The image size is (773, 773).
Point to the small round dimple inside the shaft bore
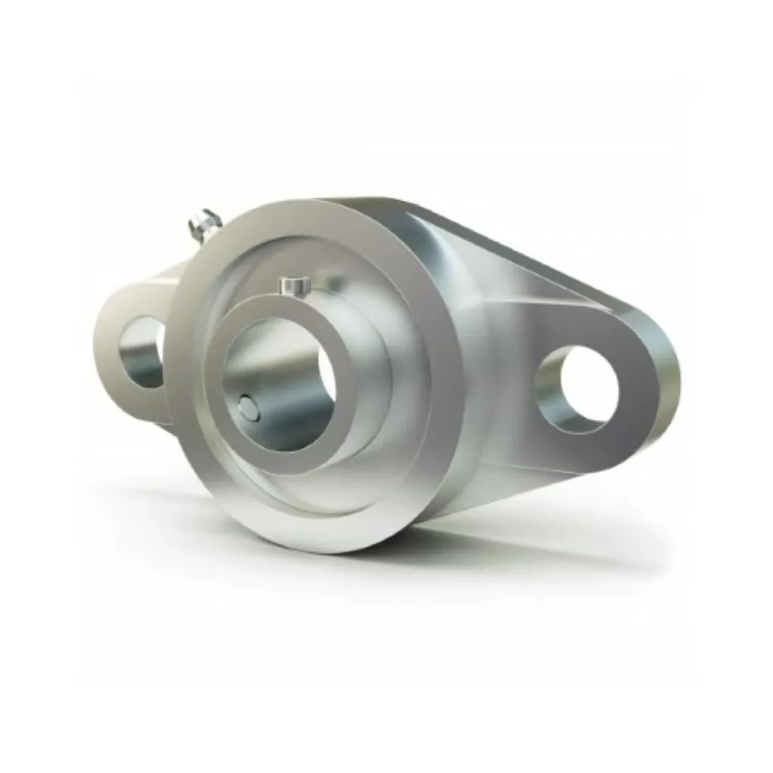tap(246, 408)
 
